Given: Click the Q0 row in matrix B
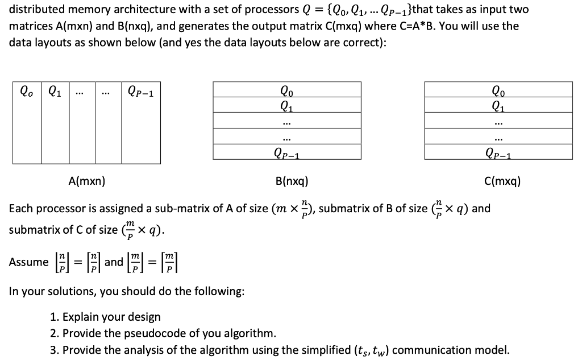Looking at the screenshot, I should point(287,89).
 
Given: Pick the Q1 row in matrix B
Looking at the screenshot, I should point(287,104).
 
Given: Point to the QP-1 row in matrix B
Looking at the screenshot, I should point(287,152).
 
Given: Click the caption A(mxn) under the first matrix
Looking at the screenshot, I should point(86,182).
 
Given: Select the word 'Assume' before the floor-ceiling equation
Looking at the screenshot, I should point(28,262).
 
